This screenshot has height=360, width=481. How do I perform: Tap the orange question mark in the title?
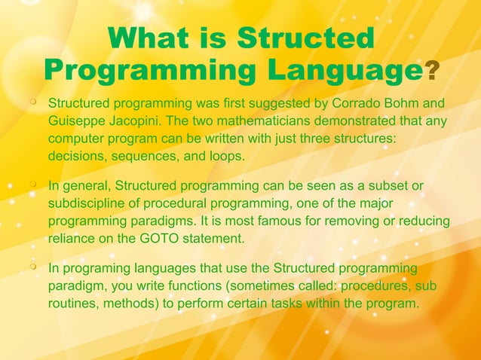[431, 72]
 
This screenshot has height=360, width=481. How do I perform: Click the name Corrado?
[338, 102]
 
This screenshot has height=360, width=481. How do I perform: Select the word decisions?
[76, 157]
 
